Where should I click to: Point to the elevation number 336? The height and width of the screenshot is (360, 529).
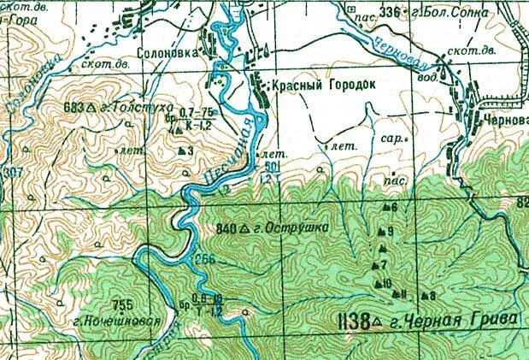click(389, 11)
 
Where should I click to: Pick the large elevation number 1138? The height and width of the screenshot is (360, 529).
click(353, 322)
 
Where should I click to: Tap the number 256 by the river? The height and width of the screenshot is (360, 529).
click(205, 260)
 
